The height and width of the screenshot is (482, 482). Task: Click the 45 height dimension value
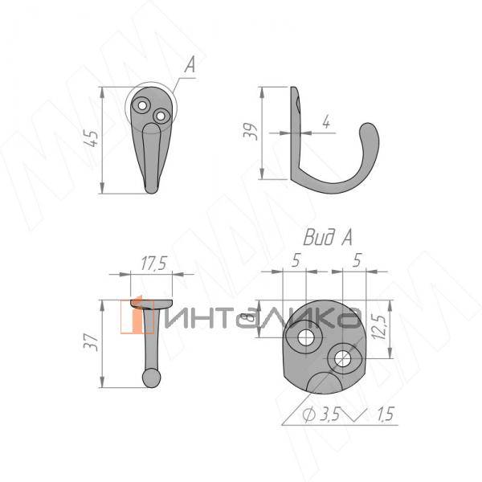94,141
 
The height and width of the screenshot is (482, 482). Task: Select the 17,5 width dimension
152,263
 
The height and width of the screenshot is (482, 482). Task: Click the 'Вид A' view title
328,237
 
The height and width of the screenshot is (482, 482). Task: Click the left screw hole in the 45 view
143,105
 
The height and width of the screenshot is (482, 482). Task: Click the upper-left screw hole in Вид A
305,338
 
